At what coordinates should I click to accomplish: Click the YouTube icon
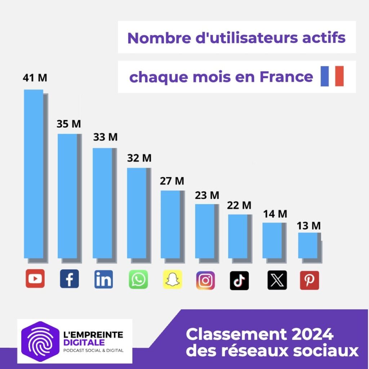click(x=35, y=279)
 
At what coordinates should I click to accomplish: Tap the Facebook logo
click(x=69, y=279)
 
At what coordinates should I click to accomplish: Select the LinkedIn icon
click(x=103, y=279)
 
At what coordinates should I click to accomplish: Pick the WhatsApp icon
click(x=138, y=279)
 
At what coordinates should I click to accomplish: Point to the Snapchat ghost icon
click(x=172, y=279)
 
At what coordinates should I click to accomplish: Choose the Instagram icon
click(x=205, y=280)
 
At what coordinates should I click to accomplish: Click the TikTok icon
click(x=239, y=280)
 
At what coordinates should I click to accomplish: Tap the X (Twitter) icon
click(x=277, y=280)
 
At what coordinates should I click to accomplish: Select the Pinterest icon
click(x=309, y=280)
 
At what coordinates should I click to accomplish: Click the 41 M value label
click(x=35, y=78)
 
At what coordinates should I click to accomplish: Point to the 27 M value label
click(x=172, y=181)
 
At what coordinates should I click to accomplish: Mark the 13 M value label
click(x=308, y=226)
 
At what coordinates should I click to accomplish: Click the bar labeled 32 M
click(x=137, y=213)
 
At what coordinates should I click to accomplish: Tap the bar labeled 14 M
click(x=272, y=240)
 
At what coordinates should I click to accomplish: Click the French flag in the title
click(x=332, y=76)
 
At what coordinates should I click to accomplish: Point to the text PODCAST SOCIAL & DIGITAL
click(x=93, y=350)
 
